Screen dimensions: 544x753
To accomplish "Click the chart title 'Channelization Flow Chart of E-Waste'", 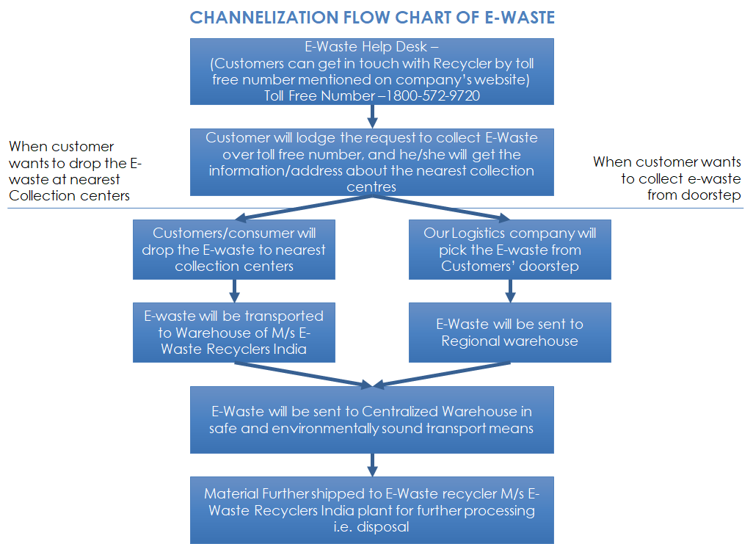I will pos(372,18).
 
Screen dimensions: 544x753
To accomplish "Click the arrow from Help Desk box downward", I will pos(372,116).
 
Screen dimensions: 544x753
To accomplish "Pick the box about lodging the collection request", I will pos(371,162).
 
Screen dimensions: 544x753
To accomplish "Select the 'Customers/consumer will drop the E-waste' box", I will pos(233,250).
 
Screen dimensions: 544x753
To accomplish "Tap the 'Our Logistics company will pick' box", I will pos(509,250).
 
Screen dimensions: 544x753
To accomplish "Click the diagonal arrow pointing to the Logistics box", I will pos(440,208).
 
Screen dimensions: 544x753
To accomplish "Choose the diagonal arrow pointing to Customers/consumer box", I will pos(301,208).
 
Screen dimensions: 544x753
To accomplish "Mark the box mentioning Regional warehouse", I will pos(509,332).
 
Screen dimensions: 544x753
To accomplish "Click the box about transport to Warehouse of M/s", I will pos(233,332).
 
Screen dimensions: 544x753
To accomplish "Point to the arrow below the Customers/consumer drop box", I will pos(234,290).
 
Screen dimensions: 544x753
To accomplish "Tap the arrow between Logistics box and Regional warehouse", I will pos(510,290).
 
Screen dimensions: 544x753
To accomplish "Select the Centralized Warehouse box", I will pos(371,419).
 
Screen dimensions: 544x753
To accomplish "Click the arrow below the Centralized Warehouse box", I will pos(372,464).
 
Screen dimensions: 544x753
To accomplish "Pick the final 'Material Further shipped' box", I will pos(371,509).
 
